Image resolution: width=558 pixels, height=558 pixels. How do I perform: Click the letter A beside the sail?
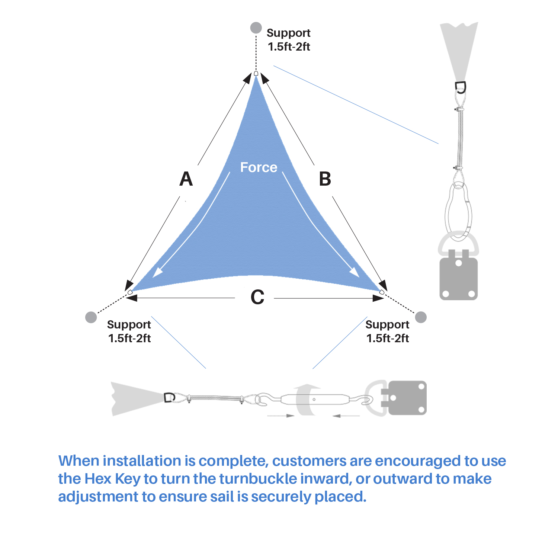click(x=186, y=179)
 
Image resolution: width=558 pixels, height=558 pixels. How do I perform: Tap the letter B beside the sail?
click(x=325, y=179)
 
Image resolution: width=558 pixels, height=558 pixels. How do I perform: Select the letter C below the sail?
click(x=257, y=297)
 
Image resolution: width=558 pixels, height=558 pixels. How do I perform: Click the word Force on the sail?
click(x=259, y=167)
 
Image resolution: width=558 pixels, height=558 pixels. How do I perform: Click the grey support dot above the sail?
click(x=256, y=28)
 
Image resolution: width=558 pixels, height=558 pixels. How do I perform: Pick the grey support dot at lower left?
click(x=91, y=317)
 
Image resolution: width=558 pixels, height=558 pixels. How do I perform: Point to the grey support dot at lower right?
click(x=421, y=317)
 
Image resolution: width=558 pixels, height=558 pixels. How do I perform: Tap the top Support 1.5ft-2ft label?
click(x=289, y=40)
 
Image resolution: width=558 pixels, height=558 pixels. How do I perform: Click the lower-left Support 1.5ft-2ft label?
click(x=129, y=331)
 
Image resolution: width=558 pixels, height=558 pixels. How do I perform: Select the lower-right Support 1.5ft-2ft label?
click(x=387, y=331)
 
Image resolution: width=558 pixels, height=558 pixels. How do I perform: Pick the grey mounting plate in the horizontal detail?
click(x=407, y=398)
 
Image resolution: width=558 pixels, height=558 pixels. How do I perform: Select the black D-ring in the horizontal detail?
click(x=169, y=397)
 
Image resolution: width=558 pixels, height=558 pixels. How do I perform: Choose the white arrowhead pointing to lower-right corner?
click(x=355, y=273)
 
